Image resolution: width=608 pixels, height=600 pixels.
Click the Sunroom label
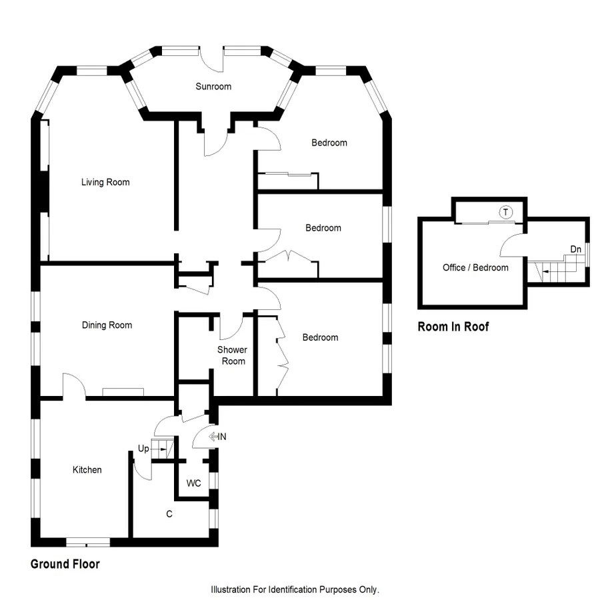pos(213,86)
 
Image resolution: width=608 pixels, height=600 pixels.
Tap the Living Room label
pos(105,182)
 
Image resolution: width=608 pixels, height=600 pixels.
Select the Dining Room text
pos(107,325)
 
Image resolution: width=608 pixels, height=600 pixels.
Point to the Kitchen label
pos(87,470)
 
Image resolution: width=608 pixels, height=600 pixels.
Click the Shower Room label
pos(232,355)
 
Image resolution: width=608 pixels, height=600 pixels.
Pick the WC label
pos(194,483)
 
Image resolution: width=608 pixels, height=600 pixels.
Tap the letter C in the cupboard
pos(169,514)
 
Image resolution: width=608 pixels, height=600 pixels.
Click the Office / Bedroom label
pos(475,267)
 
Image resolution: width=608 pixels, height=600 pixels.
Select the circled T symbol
pos(506,213)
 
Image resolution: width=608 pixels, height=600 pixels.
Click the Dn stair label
pos(575,249)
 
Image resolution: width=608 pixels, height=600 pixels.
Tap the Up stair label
pos(143,449)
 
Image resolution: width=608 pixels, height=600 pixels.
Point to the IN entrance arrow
pos(218,437)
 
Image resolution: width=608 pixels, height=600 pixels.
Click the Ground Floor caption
pos(65,564)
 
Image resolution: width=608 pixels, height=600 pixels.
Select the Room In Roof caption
pos(453,327)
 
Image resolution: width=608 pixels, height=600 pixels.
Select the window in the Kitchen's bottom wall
pos(87,541)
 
